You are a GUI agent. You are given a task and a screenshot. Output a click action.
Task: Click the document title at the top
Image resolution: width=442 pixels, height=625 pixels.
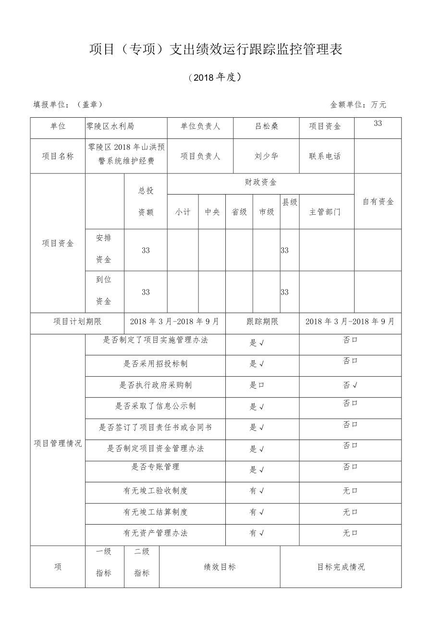[x=216, y=49]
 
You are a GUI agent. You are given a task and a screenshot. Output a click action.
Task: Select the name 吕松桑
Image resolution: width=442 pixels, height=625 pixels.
[x=267, y=126]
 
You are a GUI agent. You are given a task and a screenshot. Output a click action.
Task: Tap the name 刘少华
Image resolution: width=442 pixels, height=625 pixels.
[x=267, y=156]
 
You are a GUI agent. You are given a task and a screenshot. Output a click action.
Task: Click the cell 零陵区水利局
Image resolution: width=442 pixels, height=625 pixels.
[x=110, y=126]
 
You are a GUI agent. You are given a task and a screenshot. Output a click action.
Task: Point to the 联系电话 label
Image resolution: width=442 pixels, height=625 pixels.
[x=325, y=156]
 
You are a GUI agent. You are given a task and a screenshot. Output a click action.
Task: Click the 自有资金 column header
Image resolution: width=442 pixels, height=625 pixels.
[x=378, y=202]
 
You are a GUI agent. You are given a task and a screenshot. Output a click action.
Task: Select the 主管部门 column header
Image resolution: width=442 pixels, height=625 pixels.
[x=325, y=212]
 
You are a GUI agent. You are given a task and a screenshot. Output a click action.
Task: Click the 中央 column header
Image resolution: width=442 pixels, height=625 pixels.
[x=212, y=212]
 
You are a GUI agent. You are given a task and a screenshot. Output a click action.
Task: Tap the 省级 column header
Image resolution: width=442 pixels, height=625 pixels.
[x=239, y=212]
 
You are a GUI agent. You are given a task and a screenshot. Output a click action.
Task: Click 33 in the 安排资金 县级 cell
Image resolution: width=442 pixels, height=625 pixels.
[x=285, y=250]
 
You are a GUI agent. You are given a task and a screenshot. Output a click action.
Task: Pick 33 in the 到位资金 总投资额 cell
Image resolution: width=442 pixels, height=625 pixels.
[x=146, y=292]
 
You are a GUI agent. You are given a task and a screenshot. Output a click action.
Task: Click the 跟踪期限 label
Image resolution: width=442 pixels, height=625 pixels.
[x=262, y=321]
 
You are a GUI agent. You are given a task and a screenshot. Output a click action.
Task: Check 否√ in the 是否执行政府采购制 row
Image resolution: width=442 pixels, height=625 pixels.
[x=350, y=385]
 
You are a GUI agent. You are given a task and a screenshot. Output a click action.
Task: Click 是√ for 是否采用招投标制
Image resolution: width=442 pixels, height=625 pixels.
[x=257, y=364]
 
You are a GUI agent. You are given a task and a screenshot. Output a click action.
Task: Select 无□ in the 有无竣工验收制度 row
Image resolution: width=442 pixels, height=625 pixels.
[x=350, y=491]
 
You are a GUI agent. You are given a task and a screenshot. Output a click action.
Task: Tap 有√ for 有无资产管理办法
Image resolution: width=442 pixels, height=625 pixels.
[x=257, y=533]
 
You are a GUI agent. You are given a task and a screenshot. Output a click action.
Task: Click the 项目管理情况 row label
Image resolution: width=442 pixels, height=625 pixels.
[x=58, y=443]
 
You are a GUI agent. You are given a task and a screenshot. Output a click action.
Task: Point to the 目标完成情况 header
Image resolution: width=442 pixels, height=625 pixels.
[x=341, y=567]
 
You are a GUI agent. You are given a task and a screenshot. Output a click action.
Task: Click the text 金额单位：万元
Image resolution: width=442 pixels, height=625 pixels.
[x=358, y=104]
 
